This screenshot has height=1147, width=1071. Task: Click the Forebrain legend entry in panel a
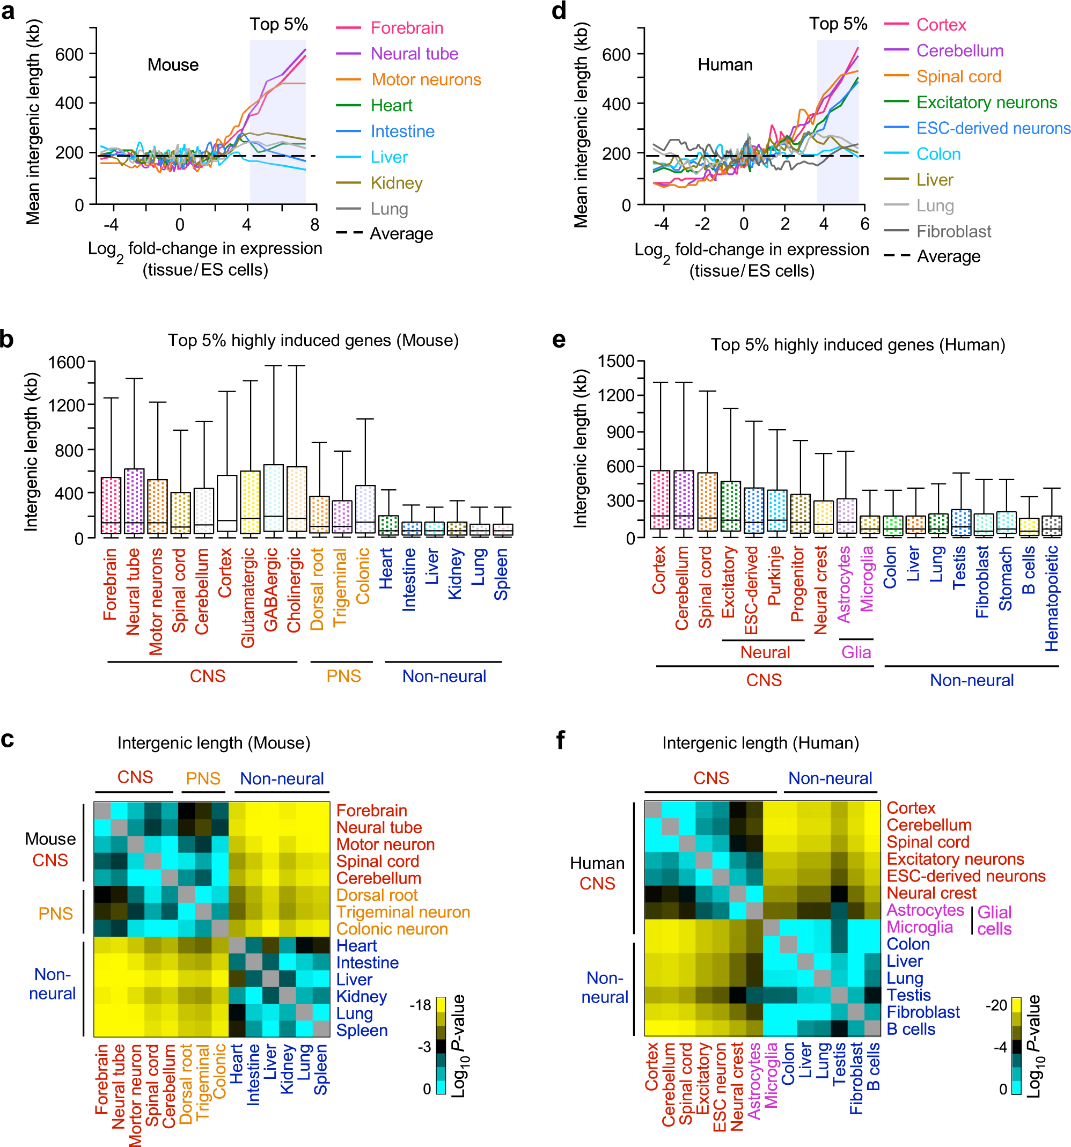pyautogui.click(x=407, y=28)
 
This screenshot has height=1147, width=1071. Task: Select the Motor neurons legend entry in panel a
pyautogui.click(x=426, y=79)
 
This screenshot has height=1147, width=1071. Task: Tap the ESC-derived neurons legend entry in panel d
pyautogui.click(x=993, y=128)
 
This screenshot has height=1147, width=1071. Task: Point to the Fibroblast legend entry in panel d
pyautogui.click(x=953, y=231)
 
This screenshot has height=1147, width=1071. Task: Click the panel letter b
pyautogui.click(x=7, y=339)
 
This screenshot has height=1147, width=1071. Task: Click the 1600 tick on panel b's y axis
pyautogui.click(x=67, y=362)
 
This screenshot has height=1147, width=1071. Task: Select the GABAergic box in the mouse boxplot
pyautogui.click(x=273, y=497)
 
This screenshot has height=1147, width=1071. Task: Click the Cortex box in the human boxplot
pyautogui.click(x=660, y=499)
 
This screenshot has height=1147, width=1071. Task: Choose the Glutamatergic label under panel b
pyautogui.click(x=248, y=597)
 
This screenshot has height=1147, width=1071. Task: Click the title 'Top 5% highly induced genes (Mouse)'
pyautogui.click(x=313, y=341)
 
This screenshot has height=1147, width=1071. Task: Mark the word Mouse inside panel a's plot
pyautogui.click(x=173, y=64)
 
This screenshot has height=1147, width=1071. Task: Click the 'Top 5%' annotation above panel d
pyautogui.click(x=838, y=24)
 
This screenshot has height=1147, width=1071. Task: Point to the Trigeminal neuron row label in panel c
pyautogui.click(x=403, y=911)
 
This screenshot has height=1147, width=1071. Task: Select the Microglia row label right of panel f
pyautogui.click(x=920, y=927)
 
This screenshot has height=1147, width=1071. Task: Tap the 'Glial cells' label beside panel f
pyautogui.click(x=994, y=920)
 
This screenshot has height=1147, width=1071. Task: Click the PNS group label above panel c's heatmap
pyautogui.click(x=203, y=778)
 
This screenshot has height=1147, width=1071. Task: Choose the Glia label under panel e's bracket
pyautogui.click(x=856, y=652)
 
